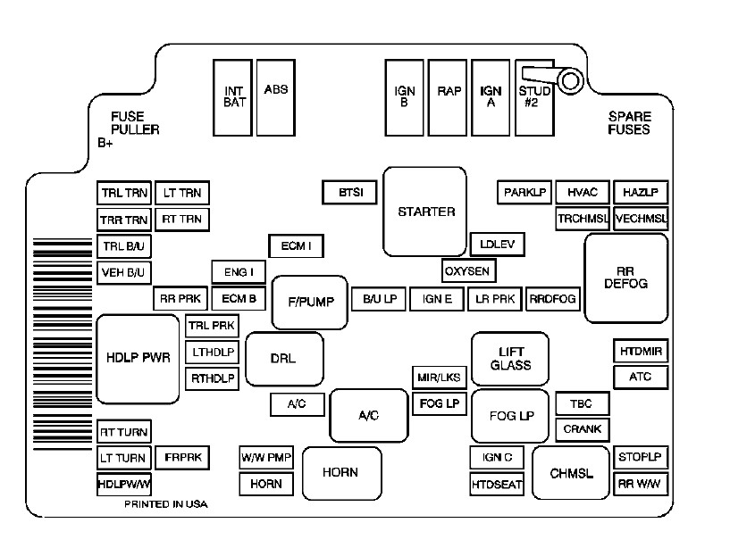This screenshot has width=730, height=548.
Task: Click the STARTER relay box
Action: tap(425, 212)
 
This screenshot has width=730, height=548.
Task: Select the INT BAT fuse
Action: tap(233, 96)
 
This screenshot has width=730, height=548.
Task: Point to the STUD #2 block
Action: tap(534, 96)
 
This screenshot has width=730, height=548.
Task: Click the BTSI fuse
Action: tap(348, 193)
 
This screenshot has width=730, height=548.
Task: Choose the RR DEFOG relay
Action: tap(625, 278)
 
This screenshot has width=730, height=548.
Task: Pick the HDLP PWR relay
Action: tap(138, 358)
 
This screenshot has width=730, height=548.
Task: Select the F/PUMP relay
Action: tap(309, 302)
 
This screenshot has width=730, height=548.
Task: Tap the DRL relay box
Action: tap(283, 359)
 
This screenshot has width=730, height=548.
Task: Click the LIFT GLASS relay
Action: tap(509, 358)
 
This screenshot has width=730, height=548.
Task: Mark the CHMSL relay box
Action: tap(571, 473)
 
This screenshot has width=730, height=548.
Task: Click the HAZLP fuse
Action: tap(640, 193)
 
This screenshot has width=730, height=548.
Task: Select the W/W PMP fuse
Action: tap(266, 458)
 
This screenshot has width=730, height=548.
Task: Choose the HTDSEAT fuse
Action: tap(496, 485)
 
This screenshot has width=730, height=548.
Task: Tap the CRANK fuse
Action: tap(583, 429)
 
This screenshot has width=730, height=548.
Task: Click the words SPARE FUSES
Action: tap(630, 123)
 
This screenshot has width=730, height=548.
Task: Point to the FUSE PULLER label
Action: tap(135, 123)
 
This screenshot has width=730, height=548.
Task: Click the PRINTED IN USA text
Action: tap(166, 504)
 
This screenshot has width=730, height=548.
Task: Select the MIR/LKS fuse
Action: tap(439, 378)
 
